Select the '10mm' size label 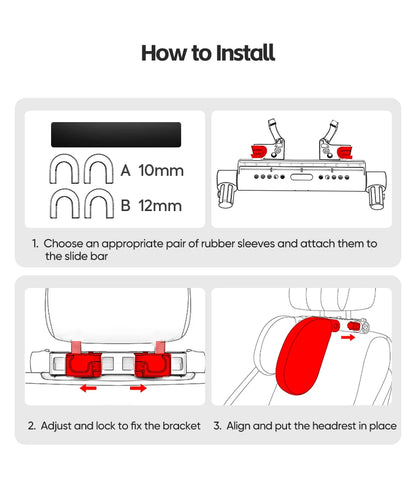(x=162, y=170)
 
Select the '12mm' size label (x=162, y=208)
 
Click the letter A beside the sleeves (x=126, y=170)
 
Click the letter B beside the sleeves (x=126, y=208)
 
